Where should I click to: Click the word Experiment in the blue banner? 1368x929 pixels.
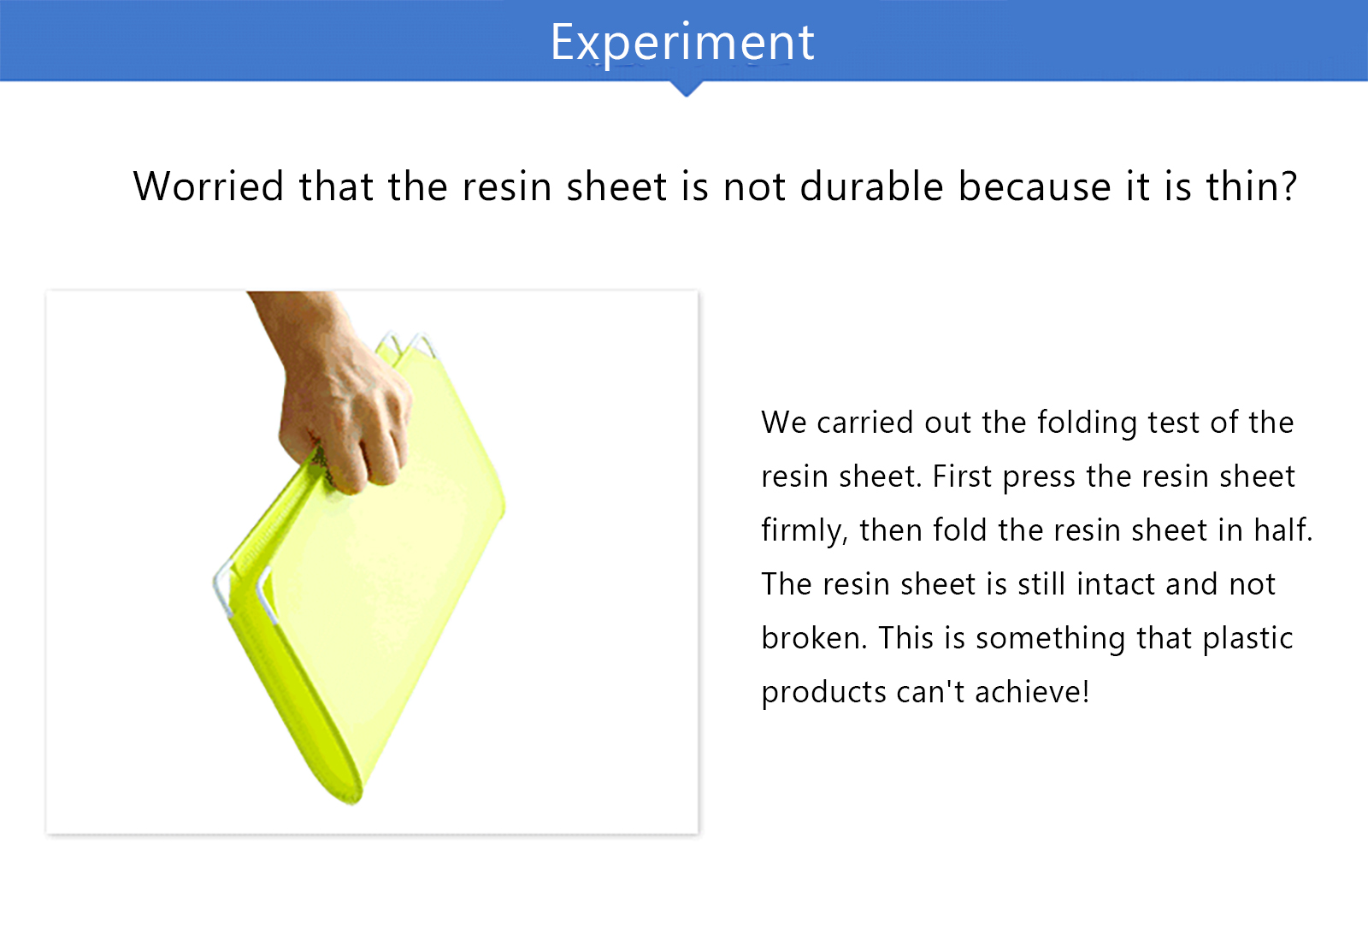682,42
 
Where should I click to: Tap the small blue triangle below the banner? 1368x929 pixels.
686,89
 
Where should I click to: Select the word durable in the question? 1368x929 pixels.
871,186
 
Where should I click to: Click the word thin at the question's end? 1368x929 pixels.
1243,186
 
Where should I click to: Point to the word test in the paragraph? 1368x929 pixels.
1174,423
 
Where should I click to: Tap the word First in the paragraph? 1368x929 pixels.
962,476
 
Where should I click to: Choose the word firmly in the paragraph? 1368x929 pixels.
805,530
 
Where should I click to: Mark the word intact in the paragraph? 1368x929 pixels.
1115,584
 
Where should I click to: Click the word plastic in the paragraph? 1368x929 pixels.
1247,639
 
